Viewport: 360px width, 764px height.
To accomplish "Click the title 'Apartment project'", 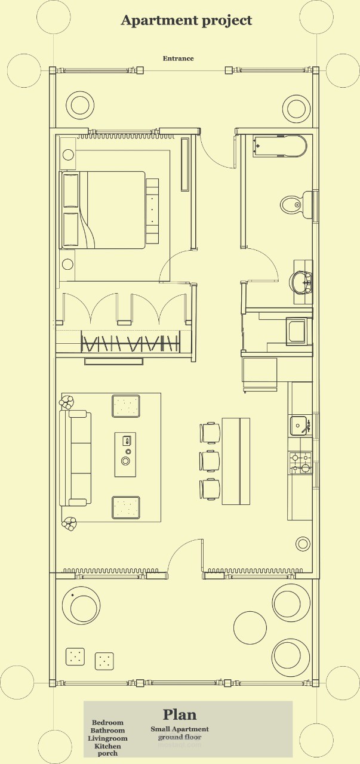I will (x=186, y=20).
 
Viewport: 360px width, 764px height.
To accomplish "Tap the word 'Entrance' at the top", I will (x=178, y=58).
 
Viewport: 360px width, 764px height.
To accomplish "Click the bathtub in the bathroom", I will (x=279, y=146).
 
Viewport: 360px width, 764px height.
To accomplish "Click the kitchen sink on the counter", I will (x=299, y=426).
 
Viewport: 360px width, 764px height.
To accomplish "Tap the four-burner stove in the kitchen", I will (x=300, y=463).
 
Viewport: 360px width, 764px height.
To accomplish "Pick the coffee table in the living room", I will (x=125, y=454).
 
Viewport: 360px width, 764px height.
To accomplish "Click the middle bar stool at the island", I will (x=210, y=461).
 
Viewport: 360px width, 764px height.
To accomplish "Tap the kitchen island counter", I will (x=236, y=461).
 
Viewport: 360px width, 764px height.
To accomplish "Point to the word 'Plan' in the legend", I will (x=180, y=714).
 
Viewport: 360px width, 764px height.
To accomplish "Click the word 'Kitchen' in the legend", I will (x=107, y=746).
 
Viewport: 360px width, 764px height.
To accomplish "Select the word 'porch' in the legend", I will (x=107, y=753).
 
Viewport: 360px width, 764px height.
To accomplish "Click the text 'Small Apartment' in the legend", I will (x=180, y=729).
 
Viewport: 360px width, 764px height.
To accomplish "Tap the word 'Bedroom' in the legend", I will (x=107, y=723).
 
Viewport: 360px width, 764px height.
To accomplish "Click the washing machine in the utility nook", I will (x=296, y=331).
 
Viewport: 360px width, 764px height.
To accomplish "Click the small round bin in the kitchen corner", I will (x=303, y=544).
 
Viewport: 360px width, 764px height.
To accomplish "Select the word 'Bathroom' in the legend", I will (x=107, y=731).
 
